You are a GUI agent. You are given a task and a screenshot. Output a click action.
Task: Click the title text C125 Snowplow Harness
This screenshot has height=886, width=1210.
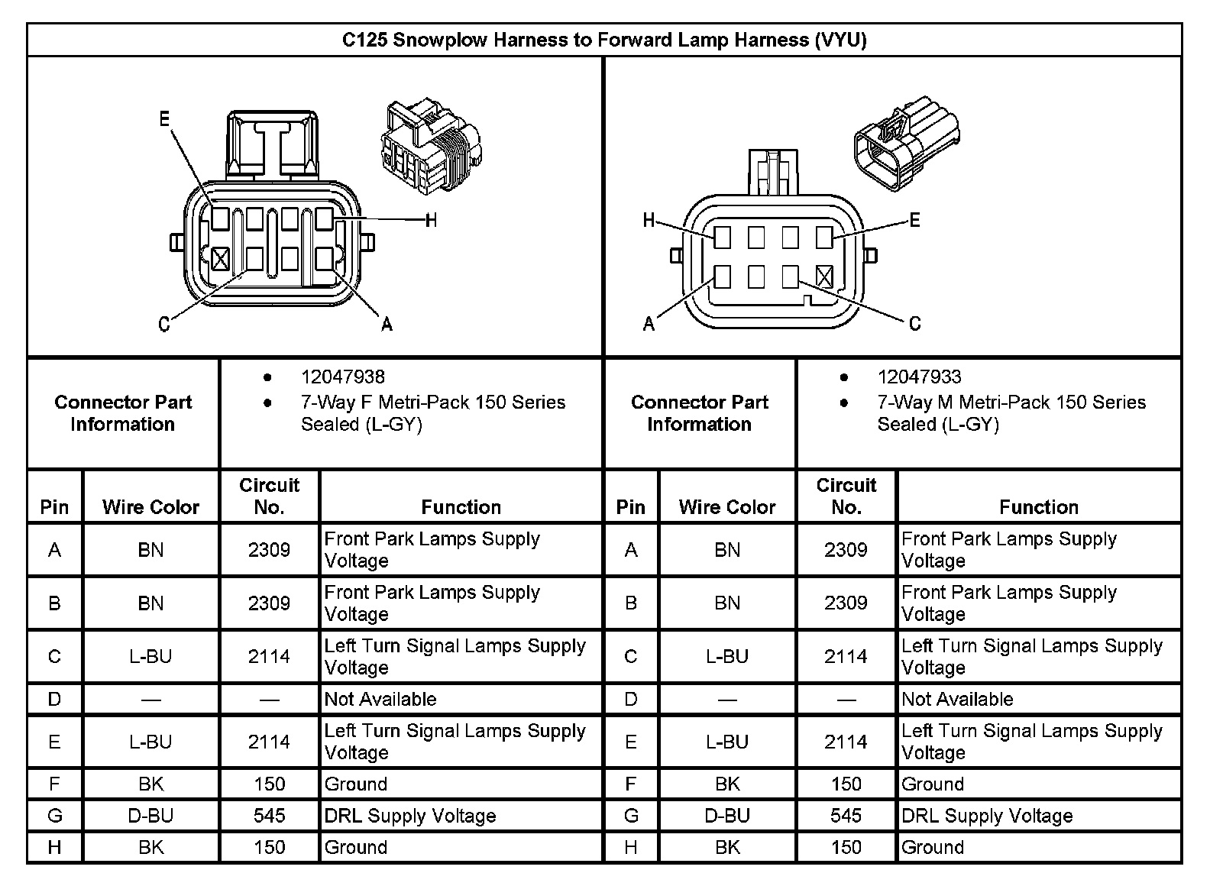[603, 40]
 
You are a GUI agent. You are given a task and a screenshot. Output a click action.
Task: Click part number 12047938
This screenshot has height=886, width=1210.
[343, 377]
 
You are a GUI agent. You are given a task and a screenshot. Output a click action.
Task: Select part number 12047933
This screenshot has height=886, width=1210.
[919, 377]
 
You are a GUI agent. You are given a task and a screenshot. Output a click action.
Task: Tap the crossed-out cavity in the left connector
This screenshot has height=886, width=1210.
[220, 258]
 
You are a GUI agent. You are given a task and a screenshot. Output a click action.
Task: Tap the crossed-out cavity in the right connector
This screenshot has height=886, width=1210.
[824, 276]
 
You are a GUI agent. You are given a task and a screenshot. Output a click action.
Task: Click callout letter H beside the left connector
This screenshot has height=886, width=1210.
[431, 221]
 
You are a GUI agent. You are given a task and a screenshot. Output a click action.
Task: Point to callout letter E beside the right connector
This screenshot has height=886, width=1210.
[914, 221]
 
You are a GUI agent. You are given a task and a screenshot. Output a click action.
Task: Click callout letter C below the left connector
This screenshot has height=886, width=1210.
[163, 325]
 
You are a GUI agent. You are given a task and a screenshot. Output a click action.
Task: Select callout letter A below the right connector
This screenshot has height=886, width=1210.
[649, 324]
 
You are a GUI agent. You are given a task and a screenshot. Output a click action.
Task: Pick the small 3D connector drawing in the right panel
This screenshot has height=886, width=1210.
[906, 137]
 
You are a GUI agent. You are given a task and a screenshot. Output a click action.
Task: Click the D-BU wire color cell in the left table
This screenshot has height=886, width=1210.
[150, 816]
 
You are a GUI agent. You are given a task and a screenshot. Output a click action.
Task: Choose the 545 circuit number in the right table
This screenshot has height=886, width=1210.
[846, 816]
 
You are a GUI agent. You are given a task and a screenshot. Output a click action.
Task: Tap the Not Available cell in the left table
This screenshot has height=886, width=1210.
[380, 699]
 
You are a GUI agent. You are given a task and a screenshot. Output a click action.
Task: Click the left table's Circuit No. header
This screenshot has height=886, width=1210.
[269, 496]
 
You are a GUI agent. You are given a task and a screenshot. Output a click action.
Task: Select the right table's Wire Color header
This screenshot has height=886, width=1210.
[726, 507]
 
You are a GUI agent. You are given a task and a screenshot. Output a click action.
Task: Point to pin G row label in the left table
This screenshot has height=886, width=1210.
[54, 816]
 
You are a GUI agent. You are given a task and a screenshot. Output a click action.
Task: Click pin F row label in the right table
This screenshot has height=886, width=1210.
[631, 784]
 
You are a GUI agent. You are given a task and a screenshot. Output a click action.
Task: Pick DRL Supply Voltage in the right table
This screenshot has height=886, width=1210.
[987, 816]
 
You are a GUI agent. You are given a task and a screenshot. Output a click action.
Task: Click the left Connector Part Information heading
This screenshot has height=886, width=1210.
[123, 412]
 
